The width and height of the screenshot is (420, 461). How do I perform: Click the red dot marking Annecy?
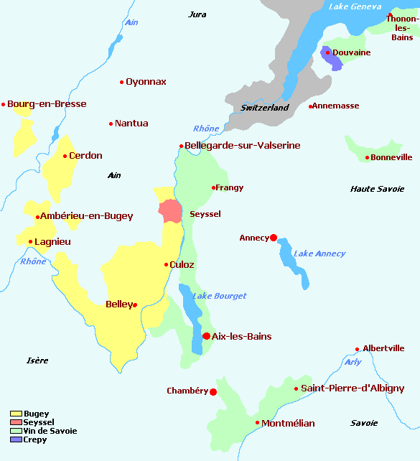tap(274, 238)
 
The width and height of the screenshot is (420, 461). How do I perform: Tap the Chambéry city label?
tap(187, 391)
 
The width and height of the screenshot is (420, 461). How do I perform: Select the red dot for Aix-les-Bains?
tap(206, 336)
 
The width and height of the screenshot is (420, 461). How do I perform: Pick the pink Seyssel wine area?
tap(170, 212)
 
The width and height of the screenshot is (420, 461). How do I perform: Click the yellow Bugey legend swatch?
tap(16, 414)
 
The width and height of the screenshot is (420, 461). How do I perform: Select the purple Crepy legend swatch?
tap(16, 439)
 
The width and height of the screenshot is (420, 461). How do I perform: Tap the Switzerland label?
tap(264, 108)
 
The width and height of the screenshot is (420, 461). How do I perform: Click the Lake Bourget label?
tap(219, 296)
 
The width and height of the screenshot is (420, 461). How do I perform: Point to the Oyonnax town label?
tap(146, 82)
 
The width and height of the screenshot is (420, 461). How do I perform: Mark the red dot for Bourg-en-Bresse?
tap(4, 105)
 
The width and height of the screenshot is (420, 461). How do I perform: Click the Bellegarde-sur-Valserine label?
tap(243, 146)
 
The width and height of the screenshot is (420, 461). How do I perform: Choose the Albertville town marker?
tap(358, 350)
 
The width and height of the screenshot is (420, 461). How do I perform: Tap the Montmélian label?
tap(288, 423)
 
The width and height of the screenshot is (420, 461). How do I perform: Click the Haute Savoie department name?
tap(376, 189)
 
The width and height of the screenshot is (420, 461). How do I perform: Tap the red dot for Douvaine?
tap(327, 52)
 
